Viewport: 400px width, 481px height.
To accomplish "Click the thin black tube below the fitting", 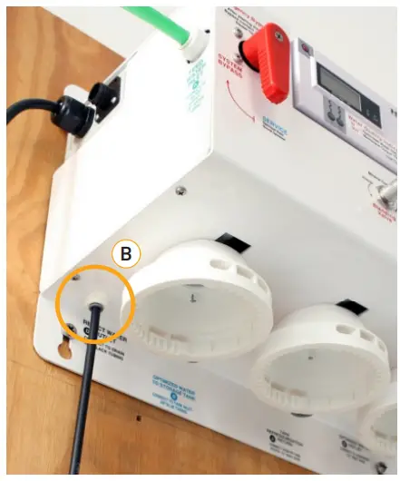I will point(84,381).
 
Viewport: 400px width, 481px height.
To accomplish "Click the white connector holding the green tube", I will point(192,39).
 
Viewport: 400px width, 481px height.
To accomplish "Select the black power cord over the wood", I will point(23,111).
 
